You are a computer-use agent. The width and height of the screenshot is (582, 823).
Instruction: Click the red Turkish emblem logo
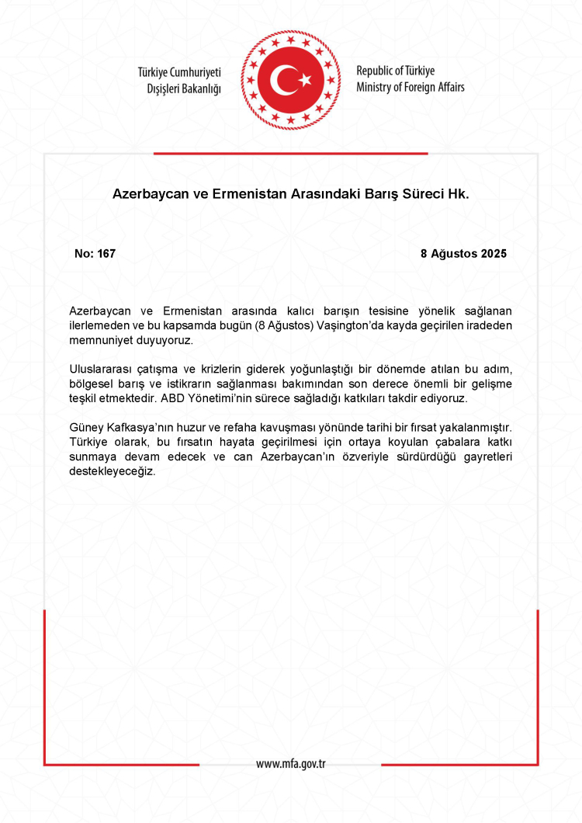click(291, 79)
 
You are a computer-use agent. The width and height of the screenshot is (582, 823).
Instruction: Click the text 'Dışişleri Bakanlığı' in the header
click(184, 89)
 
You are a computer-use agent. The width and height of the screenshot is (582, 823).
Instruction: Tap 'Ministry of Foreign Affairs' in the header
click(411, 87)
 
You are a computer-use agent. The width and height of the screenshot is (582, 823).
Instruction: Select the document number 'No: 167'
click(95, 254)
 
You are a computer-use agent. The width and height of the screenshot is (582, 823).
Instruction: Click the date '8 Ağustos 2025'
click(463, 254)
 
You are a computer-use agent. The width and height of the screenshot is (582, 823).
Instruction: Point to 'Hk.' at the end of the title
click(458, 193)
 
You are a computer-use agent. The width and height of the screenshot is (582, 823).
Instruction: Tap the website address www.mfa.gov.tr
click(291, 763)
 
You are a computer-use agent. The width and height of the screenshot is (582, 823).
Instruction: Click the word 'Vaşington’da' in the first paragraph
click(352, 325)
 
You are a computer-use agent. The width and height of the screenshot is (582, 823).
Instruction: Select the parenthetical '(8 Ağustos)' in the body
click(285, 325)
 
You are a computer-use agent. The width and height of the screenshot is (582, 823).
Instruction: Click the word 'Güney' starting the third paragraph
click(85, 429)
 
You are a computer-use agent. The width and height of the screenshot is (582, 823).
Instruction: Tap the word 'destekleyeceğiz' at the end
click(113, 471)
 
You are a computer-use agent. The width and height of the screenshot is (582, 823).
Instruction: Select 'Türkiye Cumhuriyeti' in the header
click(179, 71)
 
